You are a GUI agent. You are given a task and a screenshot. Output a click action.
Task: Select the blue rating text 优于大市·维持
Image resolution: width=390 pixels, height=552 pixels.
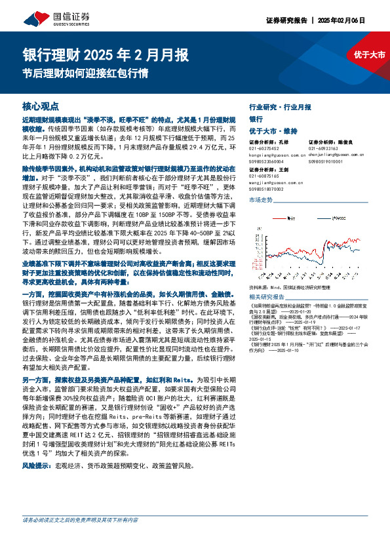tap(273, 131)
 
